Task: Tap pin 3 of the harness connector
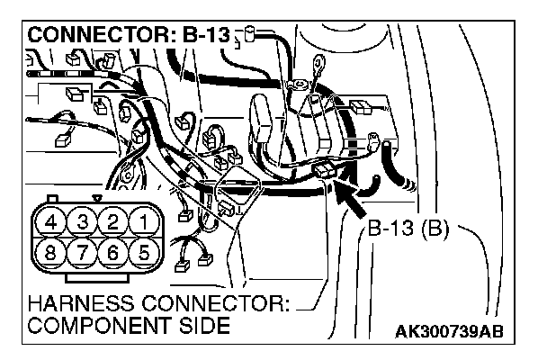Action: (81, 221)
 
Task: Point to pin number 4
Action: (53, 221)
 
